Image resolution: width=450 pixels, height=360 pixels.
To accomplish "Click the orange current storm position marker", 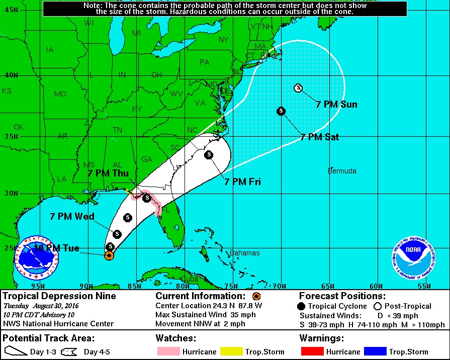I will point(109,255).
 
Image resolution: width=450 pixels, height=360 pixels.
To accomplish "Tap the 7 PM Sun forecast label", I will point(336,105).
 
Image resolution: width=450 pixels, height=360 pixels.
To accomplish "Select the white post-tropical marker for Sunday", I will point(298,88).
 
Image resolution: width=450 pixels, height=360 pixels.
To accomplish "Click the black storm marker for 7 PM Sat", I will point(281,111).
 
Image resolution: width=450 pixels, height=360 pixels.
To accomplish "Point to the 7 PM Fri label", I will point(244,182).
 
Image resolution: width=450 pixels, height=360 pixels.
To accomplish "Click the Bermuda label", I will point(342,171).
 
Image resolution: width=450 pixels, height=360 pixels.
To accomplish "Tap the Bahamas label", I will point(245,253).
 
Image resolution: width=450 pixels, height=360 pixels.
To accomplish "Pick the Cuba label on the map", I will point(189,279).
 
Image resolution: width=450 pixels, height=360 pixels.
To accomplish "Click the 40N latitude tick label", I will point(11,75).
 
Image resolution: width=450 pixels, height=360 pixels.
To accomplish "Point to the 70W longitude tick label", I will point(280,286).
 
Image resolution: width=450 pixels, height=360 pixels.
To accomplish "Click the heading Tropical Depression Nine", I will point(60,296).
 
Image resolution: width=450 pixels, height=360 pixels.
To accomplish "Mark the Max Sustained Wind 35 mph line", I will point(206,315).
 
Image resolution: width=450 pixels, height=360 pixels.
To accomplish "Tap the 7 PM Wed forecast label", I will point(72,216).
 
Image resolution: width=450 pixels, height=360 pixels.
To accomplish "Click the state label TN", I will point(117,130).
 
